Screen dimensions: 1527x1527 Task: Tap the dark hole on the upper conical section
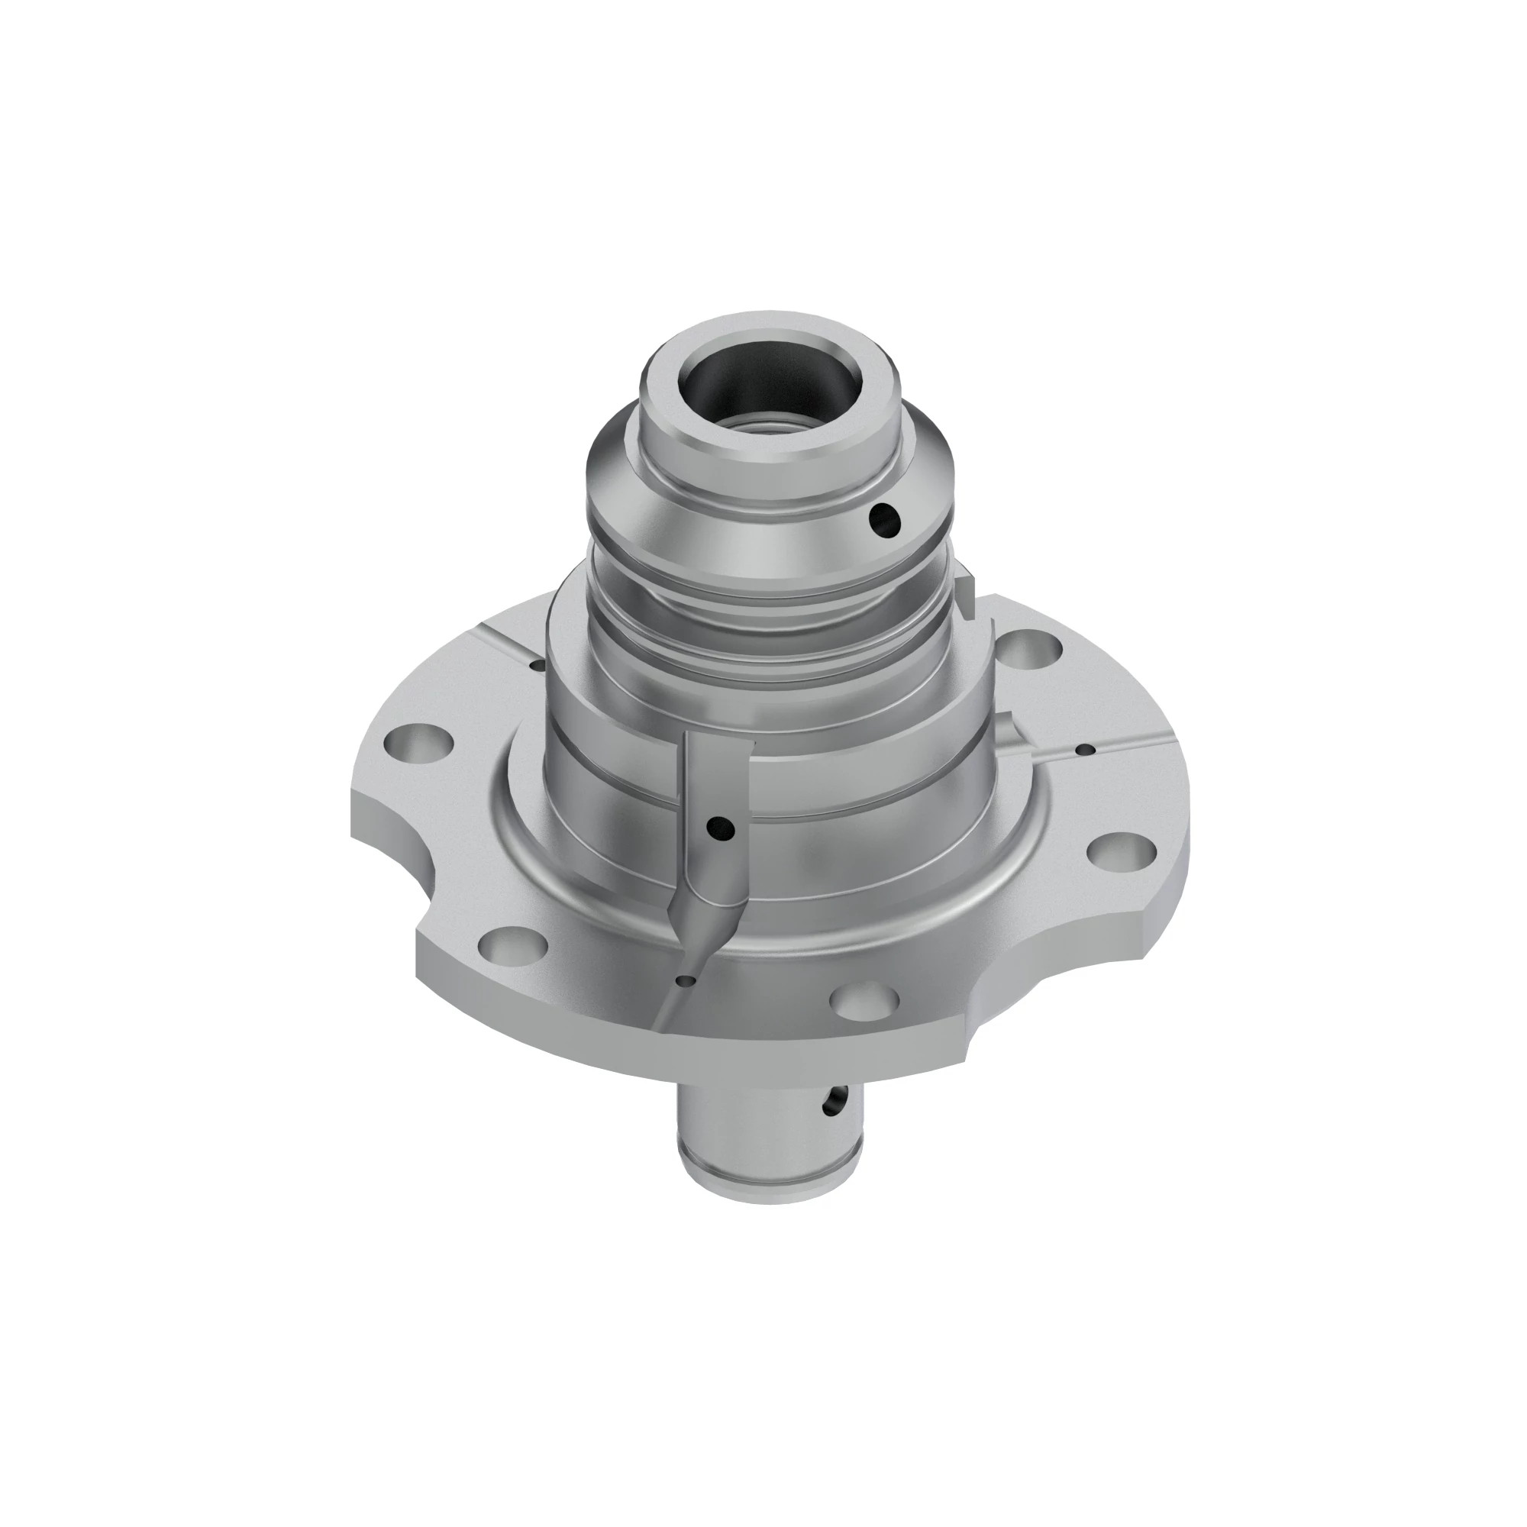click(x=883, y=519)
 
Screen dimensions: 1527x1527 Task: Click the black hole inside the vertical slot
click(x=721, y=828)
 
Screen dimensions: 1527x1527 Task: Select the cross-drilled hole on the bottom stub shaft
click(x=831, y=1101)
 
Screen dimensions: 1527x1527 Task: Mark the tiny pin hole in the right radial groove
click(x=1087, y=749)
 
